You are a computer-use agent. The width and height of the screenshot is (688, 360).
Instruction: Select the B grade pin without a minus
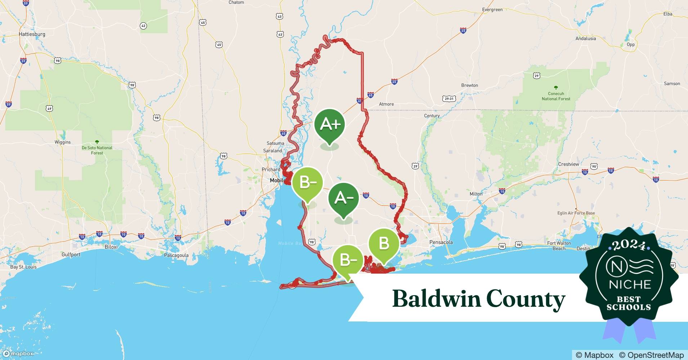coord(384,244)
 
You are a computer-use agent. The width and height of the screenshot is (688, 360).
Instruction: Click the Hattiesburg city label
coord(32,34)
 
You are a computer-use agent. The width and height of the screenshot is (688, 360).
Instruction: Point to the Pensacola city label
coord(441,242)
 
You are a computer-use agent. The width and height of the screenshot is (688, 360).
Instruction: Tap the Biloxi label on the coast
coord(111,247)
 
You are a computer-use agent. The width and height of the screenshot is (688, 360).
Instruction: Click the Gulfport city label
coord(71,255)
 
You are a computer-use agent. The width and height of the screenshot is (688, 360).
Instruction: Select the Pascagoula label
coord(176,255)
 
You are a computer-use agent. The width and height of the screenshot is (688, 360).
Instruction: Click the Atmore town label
coord(386,104)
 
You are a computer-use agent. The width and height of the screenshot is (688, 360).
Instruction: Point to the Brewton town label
coord(469,85)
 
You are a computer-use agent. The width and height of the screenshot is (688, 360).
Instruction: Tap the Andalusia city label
coord(585,39)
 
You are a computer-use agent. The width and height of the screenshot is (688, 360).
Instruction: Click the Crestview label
coord(568,164)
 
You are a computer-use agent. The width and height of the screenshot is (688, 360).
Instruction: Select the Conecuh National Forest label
coord(556,96)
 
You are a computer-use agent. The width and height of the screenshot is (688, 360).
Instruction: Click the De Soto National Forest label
coord(97,150)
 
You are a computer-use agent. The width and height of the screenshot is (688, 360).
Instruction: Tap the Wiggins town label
coord(63,142)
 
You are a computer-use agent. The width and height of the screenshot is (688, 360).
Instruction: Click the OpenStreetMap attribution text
coord(651,355)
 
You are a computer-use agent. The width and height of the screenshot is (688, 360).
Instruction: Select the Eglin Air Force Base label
coord(576,213)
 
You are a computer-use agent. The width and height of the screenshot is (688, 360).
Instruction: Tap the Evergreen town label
coord(492,10)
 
